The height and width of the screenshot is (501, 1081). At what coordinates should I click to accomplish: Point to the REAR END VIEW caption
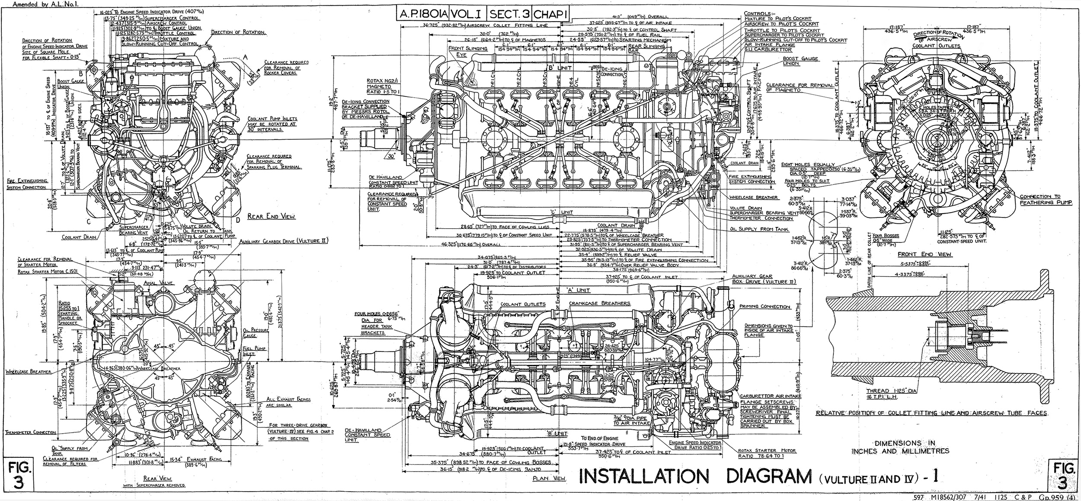[271, 217]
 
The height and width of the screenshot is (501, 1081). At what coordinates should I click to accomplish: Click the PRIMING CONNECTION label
[764, 306]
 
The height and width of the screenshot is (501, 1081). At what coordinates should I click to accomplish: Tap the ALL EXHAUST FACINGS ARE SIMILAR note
[283, 402]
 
